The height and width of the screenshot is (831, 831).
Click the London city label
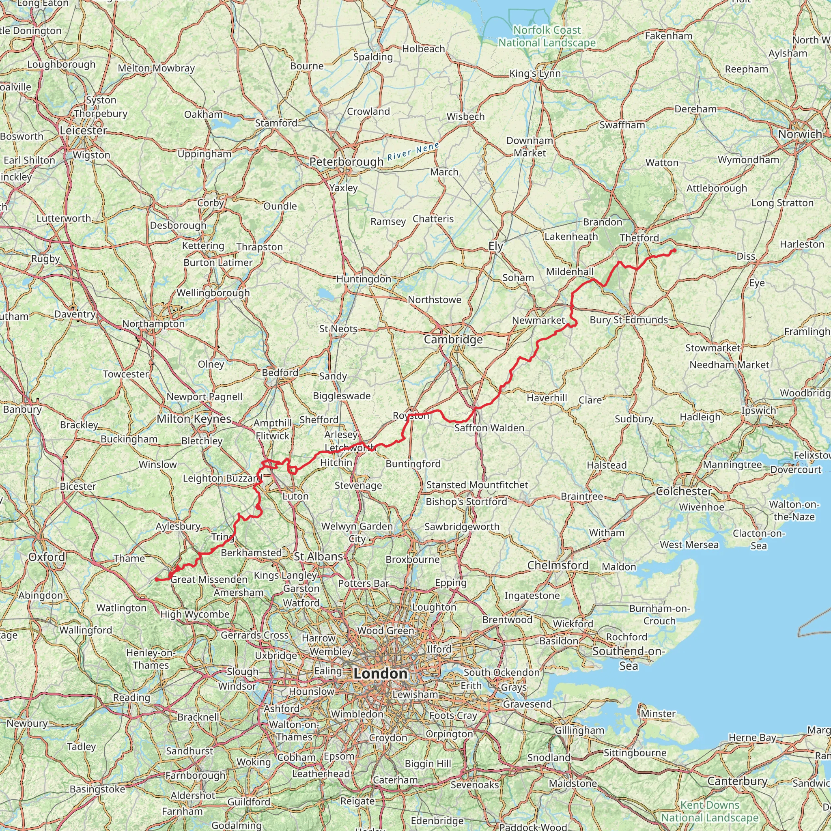(380, 674)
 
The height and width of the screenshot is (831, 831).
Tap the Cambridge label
(453, 340)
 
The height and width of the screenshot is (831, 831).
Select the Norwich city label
(800, 134)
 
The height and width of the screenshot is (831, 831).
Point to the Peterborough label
(346, 162)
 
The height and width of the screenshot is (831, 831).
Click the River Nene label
(413, 151)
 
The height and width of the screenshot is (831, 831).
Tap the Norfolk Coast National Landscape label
(547, 37)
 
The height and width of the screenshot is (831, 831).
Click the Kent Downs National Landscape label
(709, 811)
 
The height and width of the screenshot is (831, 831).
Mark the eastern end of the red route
(674, 250)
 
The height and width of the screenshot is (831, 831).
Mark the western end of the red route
(156, 579)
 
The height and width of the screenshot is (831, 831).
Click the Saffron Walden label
(489, 428)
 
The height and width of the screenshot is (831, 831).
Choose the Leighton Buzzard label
(222, 478)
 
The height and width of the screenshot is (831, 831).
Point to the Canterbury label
(737, 781)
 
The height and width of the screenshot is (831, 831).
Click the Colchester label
(683, 491)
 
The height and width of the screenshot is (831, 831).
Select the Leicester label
(84, 130)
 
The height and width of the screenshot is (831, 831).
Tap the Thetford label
(639, 238)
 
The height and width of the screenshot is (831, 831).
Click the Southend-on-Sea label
(629, 659)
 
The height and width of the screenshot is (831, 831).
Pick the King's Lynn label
(535, 73)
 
